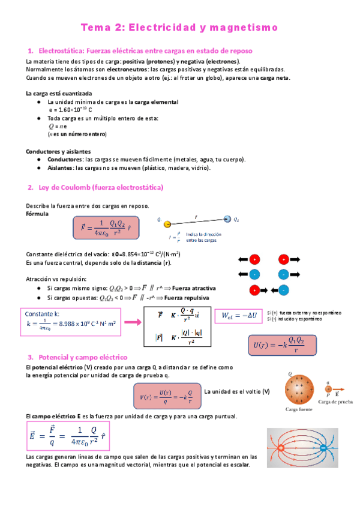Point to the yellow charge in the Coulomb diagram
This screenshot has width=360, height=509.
[x=167, y=224]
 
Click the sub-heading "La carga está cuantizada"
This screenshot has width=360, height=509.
[x=59, y=94]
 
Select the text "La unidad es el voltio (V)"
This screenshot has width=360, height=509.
[x=237, y=391]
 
